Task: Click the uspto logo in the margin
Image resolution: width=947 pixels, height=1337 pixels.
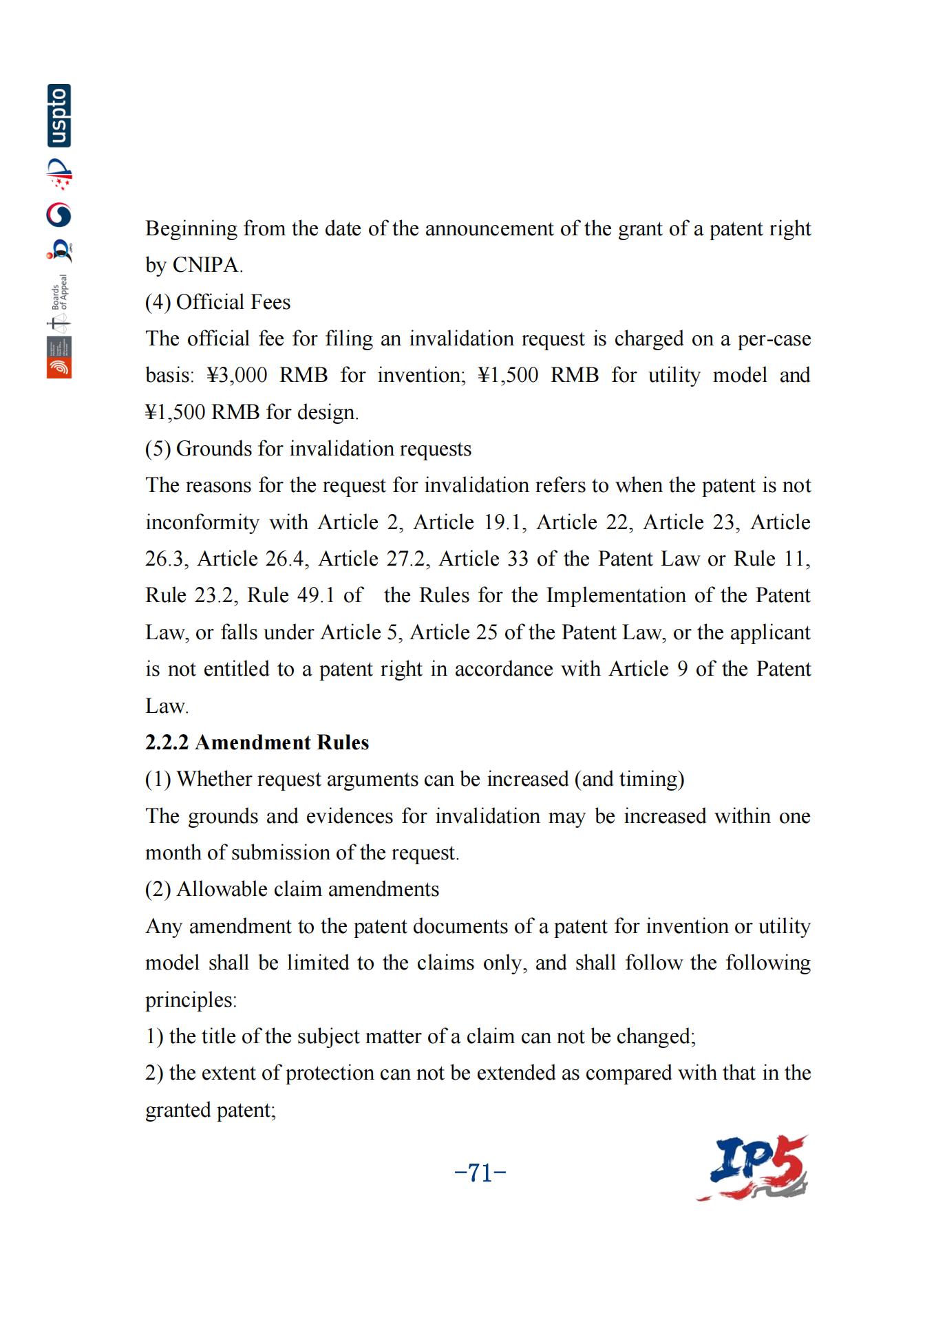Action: pyautogui.click(x=59, y=116)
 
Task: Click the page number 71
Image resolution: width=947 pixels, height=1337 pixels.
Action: pyautogui.click(x=480, y=1173)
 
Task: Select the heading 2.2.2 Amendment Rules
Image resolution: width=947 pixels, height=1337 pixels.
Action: pyautogui.click(x=257, y=742)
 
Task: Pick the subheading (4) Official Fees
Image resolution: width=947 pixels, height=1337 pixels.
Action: pyautogui.click(x=217, y=302)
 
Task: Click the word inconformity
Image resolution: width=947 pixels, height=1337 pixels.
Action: pyautogui.click(x=202, y=522)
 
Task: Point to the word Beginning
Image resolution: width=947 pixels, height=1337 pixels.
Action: pyautogui.click(x=191, y=228)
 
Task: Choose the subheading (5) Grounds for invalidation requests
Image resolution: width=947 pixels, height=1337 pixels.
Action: pyautogui.click(x=308, y=449)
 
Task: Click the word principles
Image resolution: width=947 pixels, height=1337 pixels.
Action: pyautogui.click(x=190, y=999)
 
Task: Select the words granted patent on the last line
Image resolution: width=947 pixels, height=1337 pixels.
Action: pyautogui.click(x=209, y=1110)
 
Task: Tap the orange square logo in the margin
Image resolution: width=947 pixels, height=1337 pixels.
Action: pyautogui.click(x=59, y=367)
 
